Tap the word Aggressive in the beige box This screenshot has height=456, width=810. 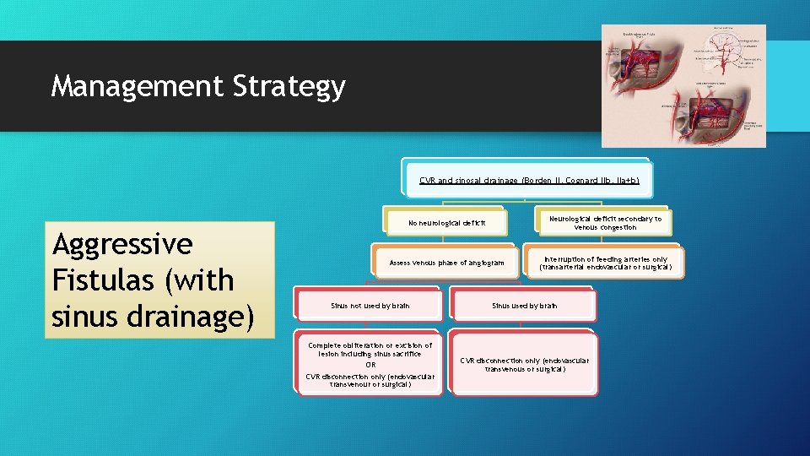coord(122,245)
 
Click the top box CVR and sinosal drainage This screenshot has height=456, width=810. coord(528,180)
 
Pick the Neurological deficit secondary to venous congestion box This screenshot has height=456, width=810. coord(605,222)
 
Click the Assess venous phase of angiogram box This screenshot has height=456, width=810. coord(446,263)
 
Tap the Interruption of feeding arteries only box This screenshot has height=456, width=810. coord(605,263)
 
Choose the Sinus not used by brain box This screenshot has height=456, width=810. coord(370,306)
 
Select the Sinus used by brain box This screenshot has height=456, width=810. coord(524,306)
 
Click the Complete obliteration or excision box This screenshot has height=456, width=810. coord(370,364)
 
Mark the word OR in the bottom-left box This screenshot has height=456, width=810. coord(370,365)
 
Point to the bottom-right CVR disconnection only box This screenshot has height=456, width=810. coord(524,364)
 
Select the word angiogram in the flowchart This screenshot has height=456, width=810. coord(485,263)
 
